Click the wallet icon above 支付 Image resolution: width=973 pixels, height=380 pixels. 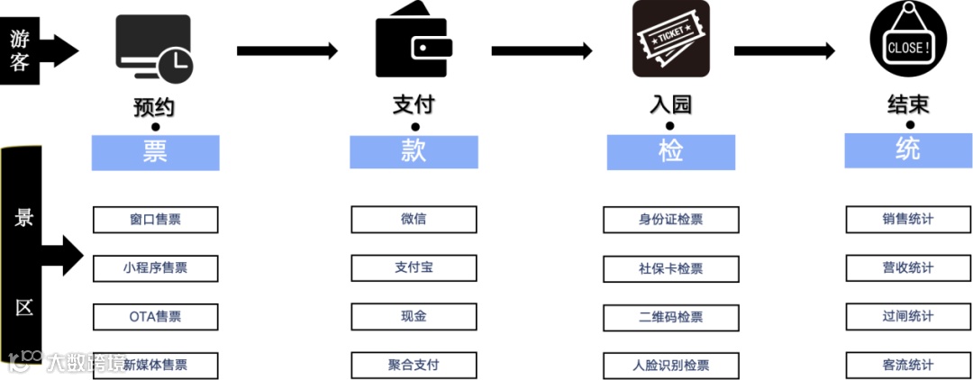pyautogui.click(x=414, y=48)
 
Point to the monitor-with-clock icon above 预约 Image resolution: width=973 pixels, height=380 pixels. pyautogui.click(x=154, y=49)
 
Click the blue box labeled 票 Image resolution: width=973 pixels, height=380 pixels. pyautogui.click(x=155, y=152)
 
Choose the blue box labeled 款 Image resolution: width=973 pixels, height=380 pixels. pyautogui.click(x=414, y=151)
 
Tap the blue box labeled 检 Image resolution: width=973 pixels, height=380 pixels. pyautogui.click(x=670, y=151)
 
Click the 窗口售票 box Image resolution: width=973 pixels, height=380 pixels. pyautogui.click(x=155, y=220)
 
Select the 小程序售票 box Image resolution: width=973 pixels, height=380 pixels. pyautogui.click(x=155, y=267)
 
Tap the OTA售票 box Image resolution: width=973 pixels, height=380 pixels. pyautogui.click(x=155, y=316)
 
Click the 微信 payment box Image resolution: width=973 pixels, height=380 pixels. pyautogui.click(x=414, y=219)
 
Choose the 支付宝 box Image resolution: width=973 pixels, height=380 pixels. pyautogui.click(x=414, y=267)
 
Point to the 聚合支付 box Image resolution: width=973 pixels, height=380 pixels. pyautogui.click(x=414, y=365)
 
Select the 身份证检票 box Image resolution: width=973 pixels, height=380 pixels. pyautogui.click(x=670, y=220)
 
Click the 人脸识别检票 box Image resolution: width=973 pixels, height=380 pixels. pyautogui.click(x=670, y=365)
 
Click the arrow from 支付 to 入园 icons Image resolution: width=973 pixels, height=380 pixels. pyautogui.click(x=541, y=51)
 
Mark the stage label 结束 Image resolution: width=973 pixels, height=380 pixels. pyautogui.click(x=907, y=105)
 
